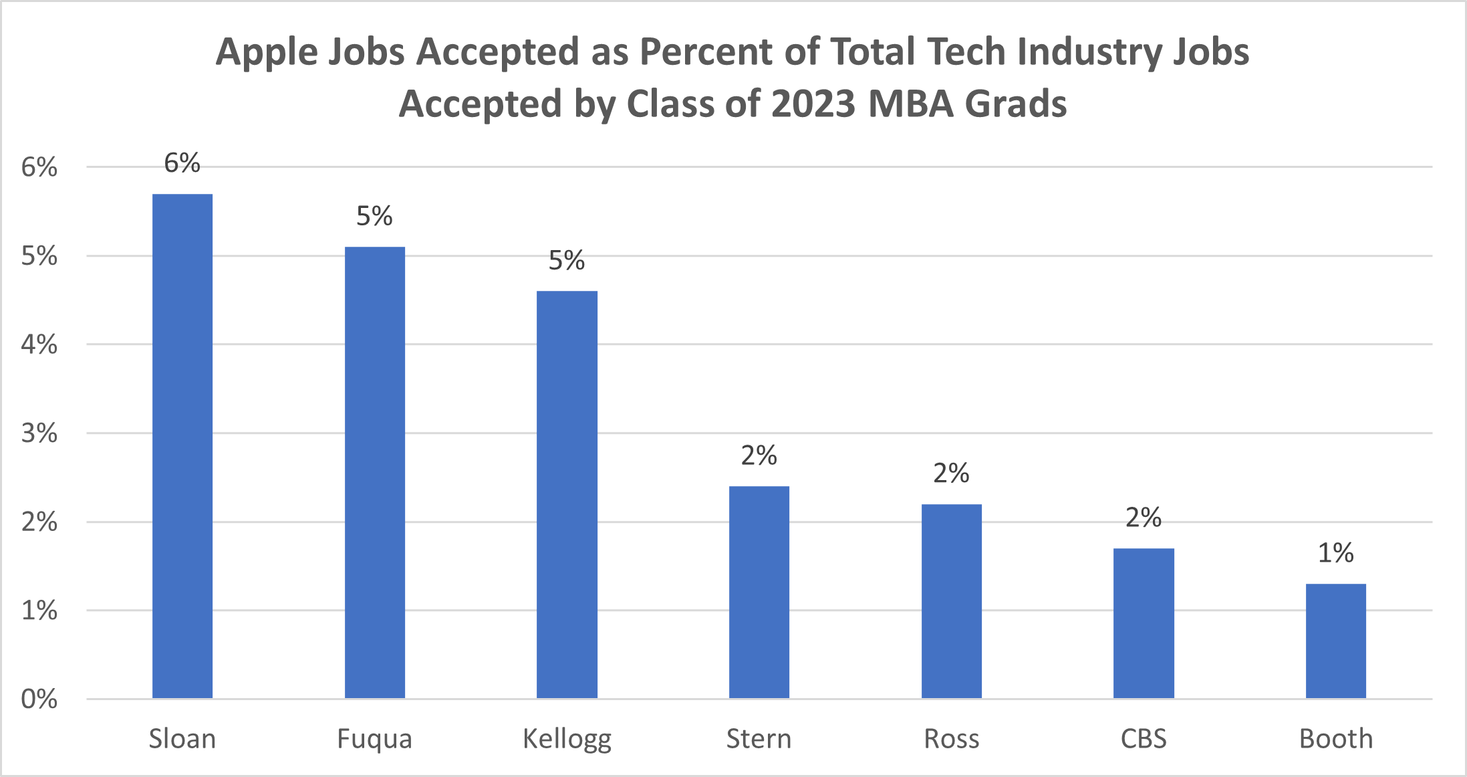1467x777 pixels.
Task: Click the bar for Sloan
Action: [x=182, y=446]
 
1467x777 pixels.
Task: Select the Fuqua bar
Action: [x=375, y=473]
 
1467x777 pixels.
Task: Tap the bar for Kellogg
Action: [x=567, y=495]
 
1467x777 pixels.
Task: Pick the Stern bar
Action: [x=759, y=592]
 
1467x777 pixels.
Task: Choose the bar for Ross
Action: [x=952, y=601]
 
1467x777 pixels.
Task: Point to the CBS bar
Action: [x=1144, y=623]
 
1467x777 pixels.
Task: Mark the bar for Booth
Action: [x=1336, y=641]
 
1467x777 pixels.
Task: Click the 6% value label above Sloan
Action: [x=182, y=163]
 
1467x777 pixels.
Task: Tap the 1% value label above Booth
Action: [x=1336, y=553]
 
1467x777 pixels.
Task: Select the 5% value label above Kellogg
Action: [x=567, y=260]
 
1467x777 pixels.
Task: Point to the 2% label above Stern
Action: [x=759, y=455]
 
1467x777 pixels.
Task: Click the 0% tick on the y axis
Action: [x=39, y=699]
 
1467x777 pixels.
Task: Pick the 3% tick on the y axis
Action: [x=39, y=433]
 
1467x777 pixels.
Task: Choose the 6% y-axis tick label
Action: [x=39, y=167]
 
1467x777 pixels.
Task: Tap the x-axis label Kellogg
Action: [x=567, y=740]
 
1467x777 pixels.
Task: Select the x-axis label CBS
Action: [x=1144, y=739]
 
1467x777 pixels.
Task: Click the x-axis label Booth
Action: [x=1336, y=739]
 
